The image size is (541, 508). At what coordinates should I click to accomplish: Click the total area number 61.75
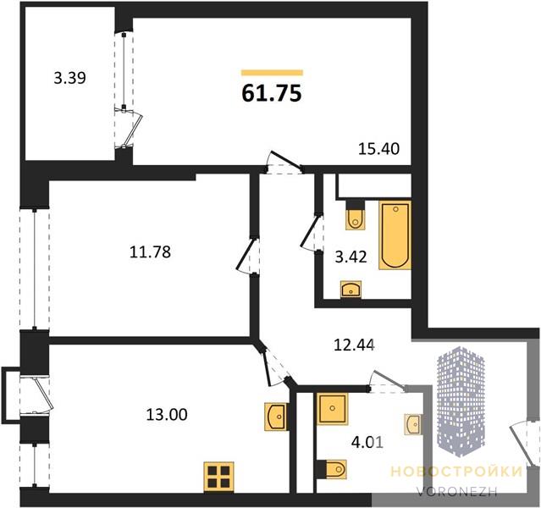pyautogui.click(x=272, y=93)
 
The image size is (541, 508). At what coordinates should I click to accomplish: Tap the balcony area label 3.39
pyautogui.click(x=70, y=78)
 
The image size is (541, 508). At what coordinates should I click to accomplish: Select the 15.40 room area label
pyautogui.click(x=379, y=149)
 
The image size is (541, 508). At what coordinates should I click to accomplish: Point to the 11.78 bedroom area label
pyautogui.click(x=150, y=252)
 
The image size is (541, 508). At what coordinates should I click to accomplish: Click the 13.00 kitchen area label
pyautogui.click(x=167, y=414)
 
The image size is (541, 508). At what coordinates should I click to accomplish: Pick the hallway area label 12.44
pyautogui.click(x=355, y=345)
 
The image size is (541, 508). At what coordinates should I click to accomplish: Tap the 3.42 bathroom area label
pyautogui.click(x=351, y=257)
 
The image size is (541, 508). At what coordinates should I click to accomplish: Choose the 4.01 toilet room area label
pyautogui.click(x=367, y=442)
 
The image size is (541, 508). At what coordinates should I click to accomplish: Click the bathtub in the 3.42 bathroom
pyautogui.click(x=395, y=235)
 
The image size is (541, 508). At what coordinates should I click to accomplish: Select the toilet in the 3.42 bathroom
pyautogui.click(x=356, y=214)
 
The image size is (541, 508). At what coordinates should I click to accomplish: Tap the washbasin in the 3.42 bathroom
pyautogui.click(x=351, y=290)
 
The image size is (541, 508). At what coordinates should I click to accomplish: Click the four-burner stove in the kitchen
pyautogui.click(x=218, y=477)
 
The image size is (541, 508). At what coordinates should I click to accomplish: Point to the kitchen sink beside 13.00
pyautogui.click(x=275, y=417)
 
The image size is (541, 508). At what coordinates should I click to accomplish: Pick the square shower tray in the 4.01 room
pyautogui.click(x=332, y=409)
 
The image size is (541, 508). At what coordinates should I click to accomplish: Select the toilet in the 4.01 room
pyautogui.click(x=332, y=469)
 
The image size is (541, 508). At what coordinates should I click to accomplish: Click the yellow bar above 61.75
pyautogui.click(x=272, y=73)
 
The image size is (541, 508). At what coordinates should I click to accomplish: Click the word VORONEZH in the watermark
pyautogui.click(x=457, y=491)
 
